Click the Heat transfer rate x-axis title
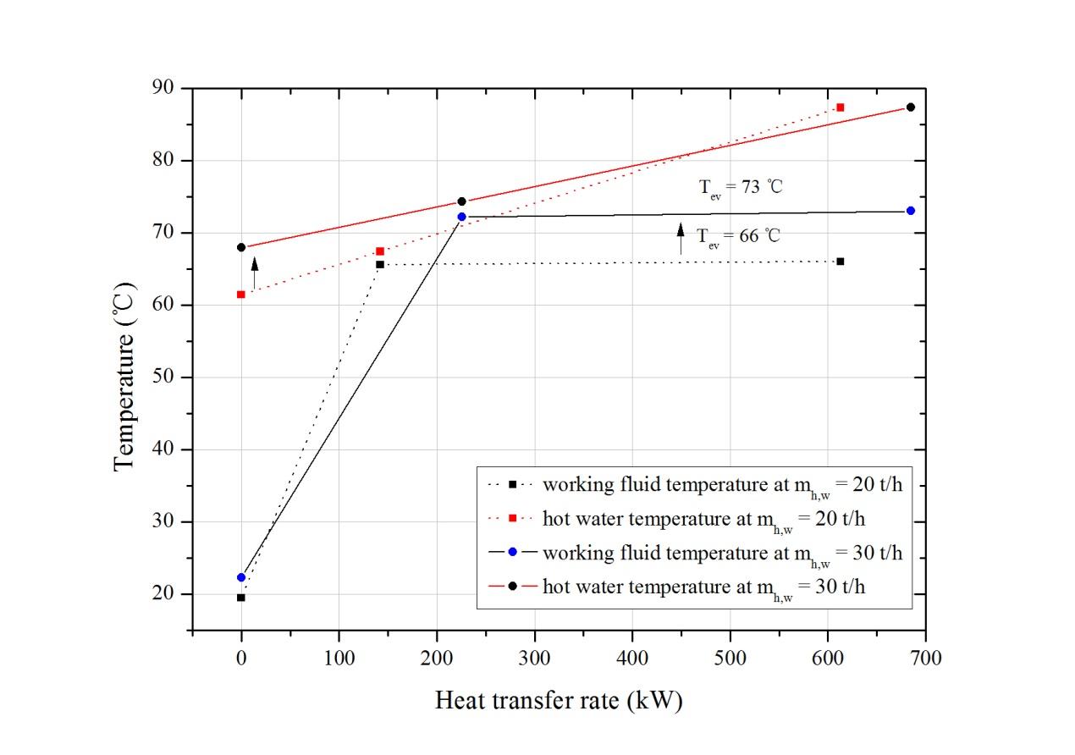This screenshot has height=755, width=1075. tap(558, 701)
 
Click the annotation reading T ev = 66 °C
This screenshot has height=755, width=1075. tap(738, 235)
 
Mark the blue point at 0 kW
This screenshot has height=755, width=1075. tap(241, 577)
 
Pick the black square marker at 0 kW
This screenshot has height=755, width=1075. tap(241, 598)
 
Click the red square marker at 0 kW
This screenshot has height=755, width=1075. tap(241, 295)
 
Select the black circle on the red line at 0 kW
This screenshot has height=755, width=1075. tap(241, 247)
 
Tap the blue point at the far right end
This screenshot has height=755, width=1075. tap(910, 211)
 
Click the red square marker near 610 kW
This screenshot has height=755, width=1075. tap(840, 107)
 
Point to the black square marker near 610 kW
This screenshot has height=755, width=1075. tap(840, 262)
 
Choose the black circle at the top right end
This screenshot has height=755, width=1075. tap(910, 107)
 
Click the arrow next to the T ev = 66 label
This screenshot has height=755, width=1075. tap(681, 238)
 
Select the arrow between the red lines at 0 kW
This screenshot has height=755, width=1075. tap(255, 272)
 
